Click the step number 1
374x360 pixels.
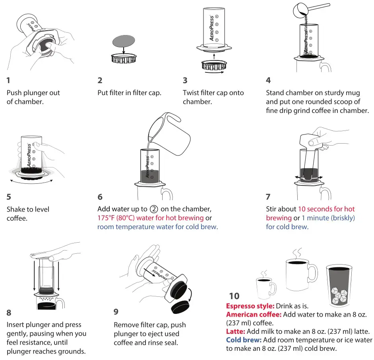pos(8,80)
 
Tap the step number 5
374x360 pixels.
pos(9,197)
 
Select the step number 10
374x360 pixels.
pos(234,296)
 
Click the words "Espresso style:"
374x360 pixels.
pos(244,306)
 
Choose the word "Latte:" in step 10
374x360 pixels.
pos(236,331)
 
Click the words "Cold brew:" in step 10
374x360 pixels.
pos(242,340)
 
